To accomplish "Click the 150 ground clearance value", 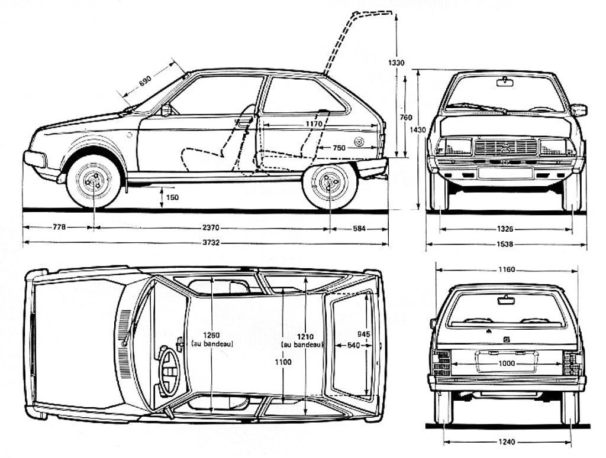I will (x=172, y=197).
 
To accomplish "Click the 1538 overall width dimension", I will (x=505, y=243).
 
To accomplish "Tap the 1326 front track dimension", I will (x=505, y=228).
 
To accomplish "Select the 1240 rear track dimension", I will (x=507, y=441).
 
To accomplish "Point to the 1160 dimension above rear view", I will (x=506, y=269).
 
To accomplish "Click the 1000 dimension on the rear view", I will (x=506, y=363).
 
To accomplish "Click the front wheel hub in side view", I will (x=94, y=181).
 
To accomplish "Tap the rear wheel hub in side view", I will (x=329, y=182).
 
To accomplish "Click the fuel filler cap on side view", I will (x=359, y=142).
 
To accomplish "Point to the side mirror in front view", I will (x=578, y=110).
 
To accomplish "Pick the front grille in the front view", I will (x=505, y=147).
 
